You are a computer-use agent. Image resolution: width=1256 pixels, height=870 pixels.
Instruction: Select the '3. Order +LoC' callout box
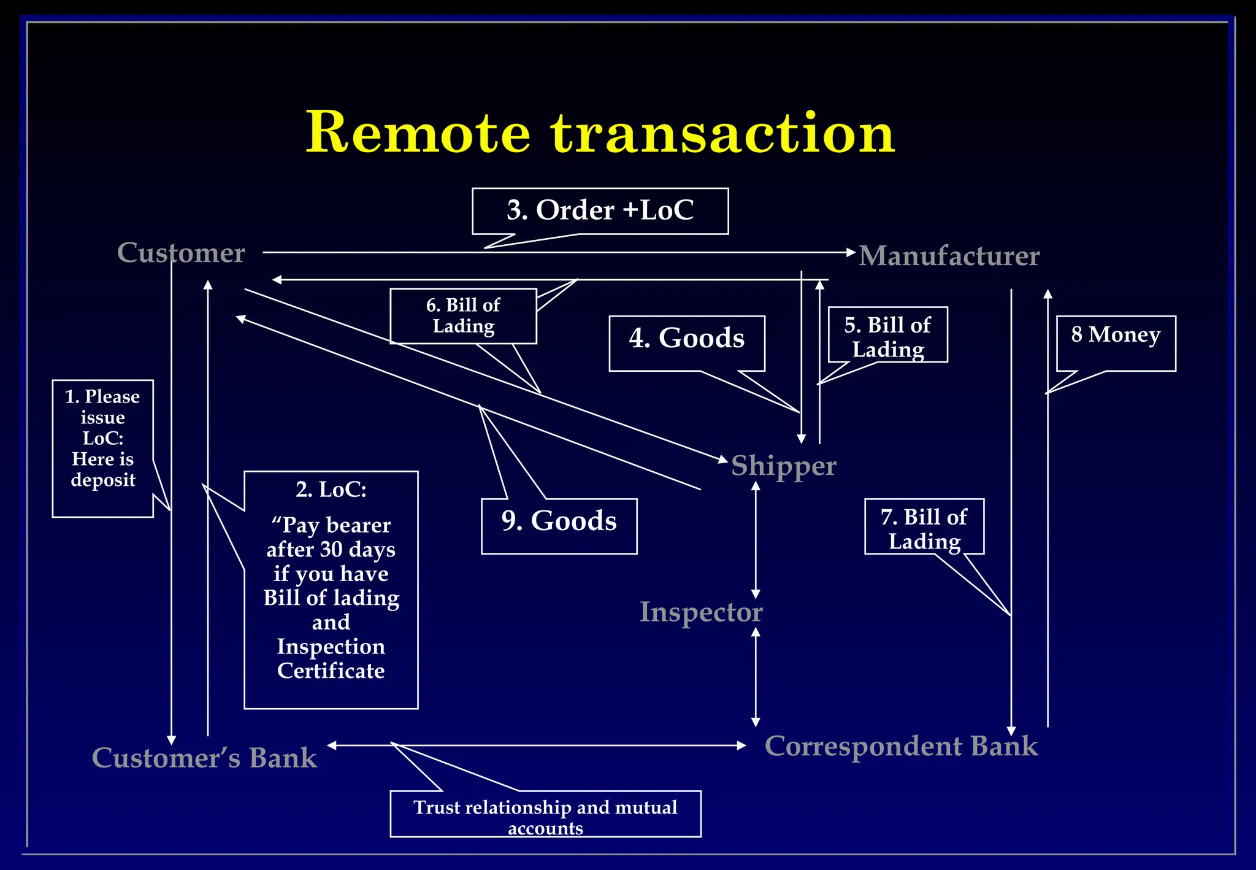(600, 210)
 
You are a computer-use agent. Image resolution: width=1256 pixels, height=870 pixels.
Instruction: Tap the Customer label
(181, 253)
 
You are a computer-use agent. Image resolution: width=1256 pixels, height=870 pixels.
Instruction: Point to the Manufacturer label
(949, 256)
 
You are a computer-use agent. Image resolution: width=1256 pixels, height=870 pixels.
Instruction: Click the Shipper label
(783, 466)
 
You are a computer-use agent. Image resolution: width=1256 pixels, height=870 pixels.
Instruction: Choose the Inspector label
(701, 612)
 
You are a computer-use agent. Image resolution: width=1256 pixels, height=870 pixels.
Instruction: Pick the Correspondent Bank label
(901, 746)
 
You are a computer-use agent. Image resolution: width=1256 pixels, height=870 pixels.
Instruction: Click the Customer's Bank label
(204, 758)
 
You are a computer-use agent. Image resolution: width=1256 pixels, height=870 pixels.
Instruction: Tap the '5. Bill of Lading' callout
(887, 336)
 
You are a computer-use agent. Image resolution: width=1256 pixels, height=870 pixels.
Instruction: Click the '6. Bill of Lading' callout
(463, 316)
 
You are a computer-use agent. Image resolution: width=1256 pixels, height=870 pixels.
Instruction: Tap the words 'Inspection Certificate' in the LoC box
(331, 658)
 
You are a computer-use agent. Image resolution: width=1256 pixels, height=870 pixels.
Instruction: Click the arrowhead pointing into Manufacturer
(851, 252)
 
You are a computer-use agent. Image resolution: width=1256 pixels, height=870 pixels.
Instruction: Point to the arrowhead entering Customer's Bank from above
(172, 740)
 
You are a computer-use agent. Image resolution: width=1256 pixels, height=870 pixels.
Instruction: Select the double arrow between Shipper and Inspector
(756, 540)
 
